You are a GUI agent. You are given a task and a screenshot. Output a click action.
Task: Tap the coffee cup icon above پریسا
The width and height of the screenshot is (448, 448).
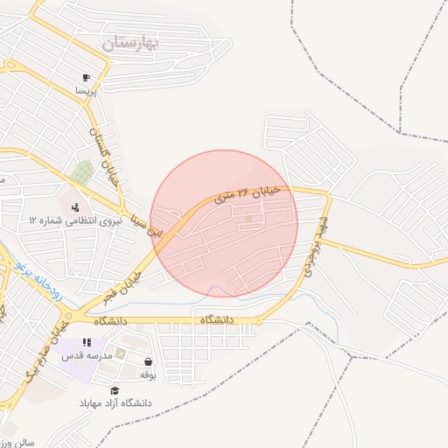coord(86,77)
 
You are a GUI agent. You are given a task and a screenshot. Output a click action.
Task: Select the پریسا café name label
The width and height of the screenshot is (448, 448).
coord(85,89)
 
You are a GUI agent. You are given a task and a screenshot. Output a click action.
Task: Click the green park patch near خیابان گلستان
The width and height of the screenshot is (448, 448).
coord(83,170)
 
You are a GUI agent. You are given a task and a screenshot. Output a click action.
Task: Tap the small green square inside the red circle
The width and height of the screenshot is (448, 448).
coord(248,219)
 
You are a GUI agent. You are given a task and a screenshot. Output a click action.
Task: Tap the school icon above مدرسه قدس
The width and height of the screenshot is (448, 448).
coord(85,343)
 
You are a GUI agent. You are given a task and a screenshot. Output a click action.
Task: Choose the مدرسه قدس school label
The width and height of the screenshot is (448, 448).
coord(85,356)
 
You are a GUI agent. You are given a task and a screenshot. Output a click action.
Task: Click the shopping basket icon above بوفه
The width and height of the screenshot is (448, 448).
coord(148,361)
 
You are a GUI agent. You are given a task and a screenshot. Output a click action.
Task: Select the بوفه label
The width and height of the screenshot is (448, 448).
coord(148,374)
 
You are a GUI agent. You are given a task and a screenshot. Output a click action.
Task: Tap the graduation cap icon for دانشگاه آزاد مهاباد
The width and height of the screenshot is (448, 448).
coord(115,390)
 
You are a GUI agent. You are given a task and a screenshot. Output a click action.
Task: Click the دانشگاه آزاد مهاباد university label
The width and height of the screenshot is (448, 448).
coord(115,402)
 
